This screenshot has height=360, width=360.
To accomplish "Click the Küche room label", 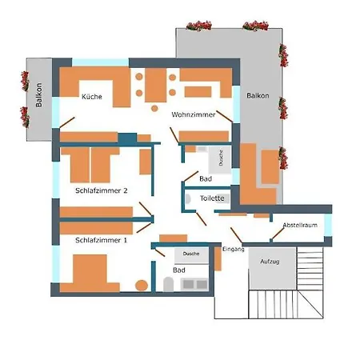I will coord(91,97).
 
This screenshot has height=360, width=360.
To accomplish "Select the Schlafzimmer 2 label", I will coord(102,190).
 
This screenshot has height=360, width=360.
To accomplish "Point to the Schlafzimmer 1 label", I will coord(101,239).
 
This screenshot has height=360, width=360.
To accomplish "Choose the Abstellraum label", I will coord(299,225).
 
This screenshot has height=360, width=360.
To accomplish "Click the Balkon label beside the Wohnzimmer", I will coord(258,95).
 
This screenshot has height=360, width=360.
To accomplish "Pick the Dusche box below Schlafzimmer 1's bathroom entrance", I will coord(191,253).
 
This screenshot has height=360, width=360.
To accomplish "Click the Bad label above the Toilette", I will coord(205,179).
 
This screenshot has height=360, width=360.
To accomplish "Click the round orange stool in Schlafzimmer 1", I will coord(142,284).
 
